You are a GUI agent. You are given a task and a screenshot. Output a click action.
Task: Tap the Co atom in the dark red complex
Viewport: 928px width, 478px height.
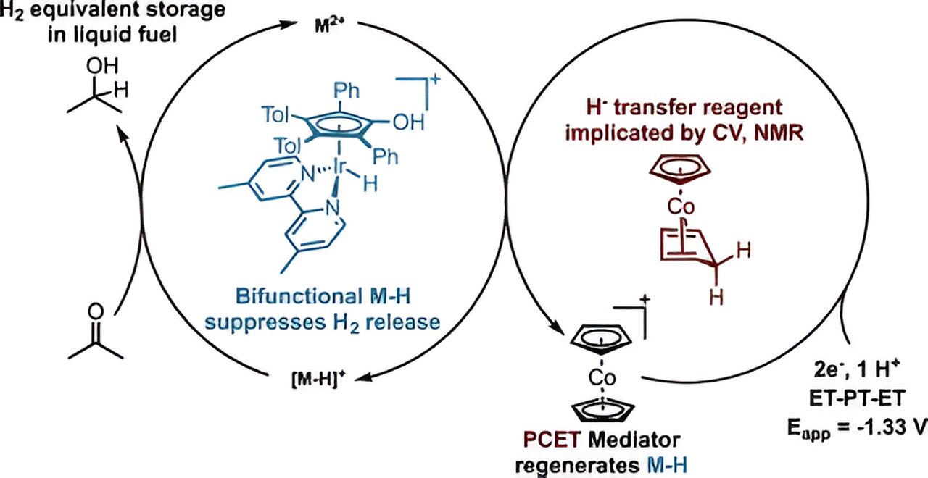click(x=681, y=206)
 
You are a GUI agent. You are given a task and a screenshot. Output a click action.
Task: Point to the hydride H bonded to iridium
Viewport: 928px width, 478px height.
click(x=370, y=185)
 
